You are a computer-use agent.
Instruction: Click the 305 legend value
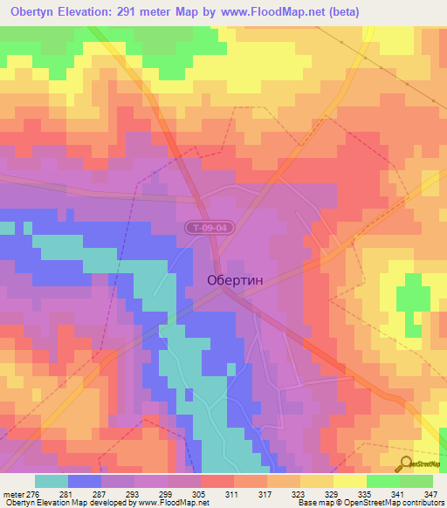coord(201,493)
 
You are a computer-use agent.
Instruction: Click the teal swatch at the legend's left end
coord(52,481)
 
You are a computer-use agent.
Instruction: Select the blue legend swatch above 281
coord(85,481)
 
